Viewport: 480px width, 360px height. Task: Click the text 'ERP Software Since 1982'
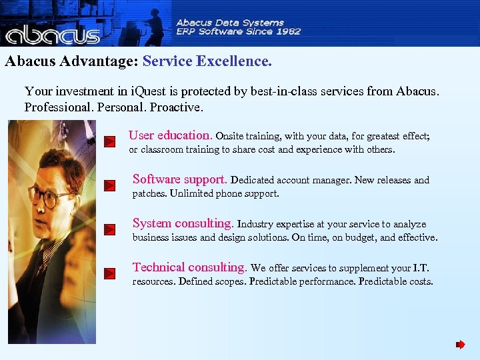238,31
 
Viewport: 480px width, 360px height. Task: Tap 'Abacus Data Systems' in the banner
230,21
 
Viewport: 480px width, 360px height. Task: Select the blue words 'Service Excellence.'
207,62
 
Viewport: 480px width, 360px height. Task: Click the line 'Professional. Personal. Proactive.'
113,107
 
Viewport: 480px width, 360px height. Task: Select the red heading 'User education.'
170,135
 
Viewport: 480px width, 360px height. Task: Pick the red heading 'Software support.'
179,179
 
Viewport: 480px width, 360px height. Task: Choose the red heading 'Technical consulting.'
189,267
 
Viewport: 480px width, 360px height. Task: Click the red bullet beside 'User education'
111,141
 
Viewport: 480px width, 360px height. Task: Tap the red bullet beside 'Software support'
111,185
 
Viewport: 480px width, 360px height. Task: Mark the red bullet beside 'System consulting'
111,229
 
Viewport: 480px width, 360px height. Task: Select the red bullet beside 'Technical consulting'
111,273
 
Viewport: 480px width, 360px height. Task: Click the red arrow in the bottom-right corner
460,345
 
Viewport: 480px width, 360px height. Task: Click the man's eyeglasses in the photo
50,198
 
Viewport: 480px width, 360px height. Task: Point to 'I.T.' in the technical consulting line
421,268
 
